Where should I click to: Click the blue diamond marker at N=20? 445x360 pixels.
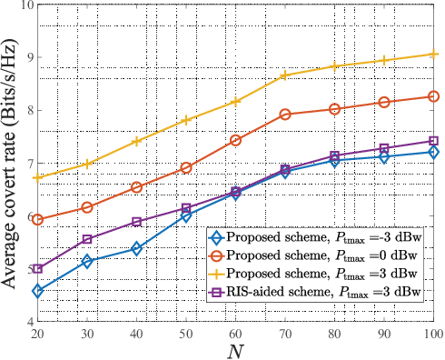[x=37, y=291]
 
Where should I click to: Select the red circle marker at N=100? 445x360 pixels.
[x=433, y=96]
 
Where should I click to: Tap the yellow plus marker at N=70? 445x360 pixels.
[x=285, y=75]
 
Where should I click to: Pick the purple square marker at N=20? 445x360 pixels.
[x=37, y=268]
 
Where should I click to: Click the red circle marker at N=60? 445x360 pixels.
[x=235, y=140]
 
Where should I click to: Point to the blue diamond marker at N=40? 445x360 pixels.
[x=136, y=248]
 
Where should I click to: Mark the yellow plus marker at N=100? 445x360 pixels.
[x=433, y=55]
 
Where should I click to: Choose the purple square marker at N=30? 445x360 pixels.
[x=87, y=239]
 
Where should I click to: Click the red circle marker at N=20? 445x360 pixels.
[x=37, y=219]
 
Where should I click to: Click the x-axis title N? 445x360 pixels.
[x=235, y=350]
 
